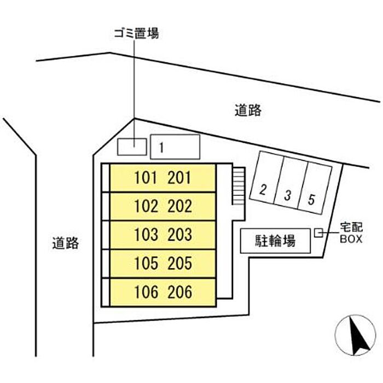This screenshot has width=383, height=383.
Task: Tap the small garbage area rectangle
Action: coord(132,146)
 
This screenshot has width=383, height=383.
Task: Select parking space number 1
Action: coord(175,147)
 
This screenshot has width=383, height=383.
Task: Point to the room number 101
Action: coord(146,178)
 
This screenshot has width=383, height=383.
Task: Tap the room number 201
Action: coord(179,178)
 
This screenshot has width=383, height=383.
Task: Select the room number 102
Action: coord(146,206)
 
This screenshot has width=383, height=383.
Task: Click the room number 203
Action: coord(179,235)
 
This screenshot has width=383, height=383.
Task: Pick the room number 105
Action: coord(146,264)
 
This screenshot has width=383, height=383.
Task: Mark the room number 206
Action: coord(179,292)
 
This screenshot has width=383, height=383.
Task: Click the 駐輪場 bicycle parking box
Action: coord(275,241)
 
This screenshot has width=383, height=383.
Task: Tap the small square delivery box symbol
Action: coord(318,234)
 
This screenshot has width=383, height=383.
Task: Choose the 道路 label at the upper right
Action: coord(248,111)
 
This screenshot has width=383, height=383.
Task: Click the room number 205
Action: coord(179,264)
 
